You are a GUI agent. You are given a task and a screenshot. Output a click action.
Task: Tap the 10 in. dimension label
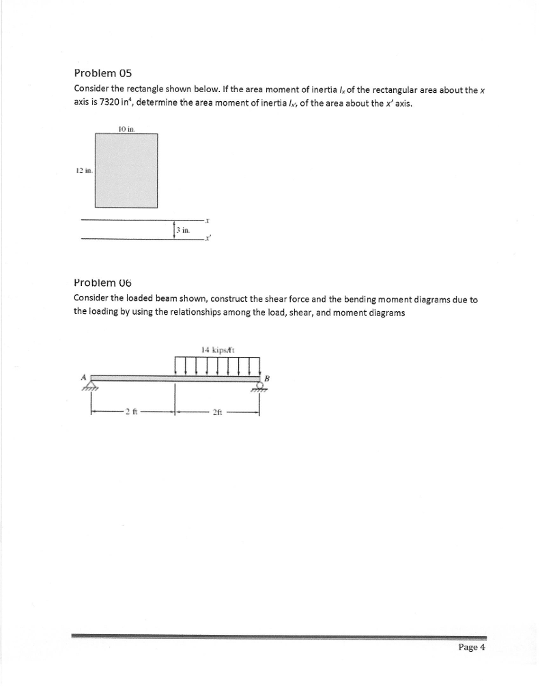point(126,128)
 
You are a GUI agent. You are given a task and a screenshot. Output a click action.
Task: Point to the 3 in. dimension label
point(182,231)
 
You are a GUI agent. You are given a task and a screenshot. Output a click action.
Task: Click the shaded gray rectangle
point(126,170)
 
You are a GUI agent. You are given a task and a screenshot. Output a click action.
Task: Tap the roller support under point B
point(259,386)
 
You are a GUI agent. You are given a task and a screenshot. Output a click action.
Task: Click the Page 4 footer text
point(470,648)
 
